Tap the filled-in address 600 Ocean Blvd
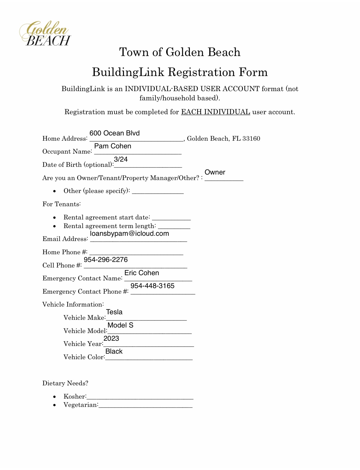pos(114,133)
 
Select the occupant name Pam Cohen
pos(113,146)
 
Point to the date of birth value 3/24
pos(121,159)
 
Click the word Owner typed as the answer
pos(215,172)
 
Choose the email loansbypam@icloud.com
pos(130,234)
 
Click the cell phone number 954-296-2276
pos(106,260)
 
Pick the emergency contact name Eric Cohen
pos(142,273)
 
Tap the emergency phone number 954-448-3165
pos(152,286)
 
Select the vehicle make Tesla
pos(114,312)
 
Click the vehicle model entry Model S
pos(120,325)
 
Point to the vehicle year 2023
pos(111,339)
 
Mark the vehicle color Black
pos(114,351)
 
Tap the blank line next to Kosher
pos(140,397)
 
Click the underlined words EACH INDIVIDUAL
pos(215,112)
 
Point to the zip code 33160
pos(251,139)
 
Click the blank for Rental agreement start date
pos(171,218)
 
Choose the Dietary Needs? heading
pos(65,383)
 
